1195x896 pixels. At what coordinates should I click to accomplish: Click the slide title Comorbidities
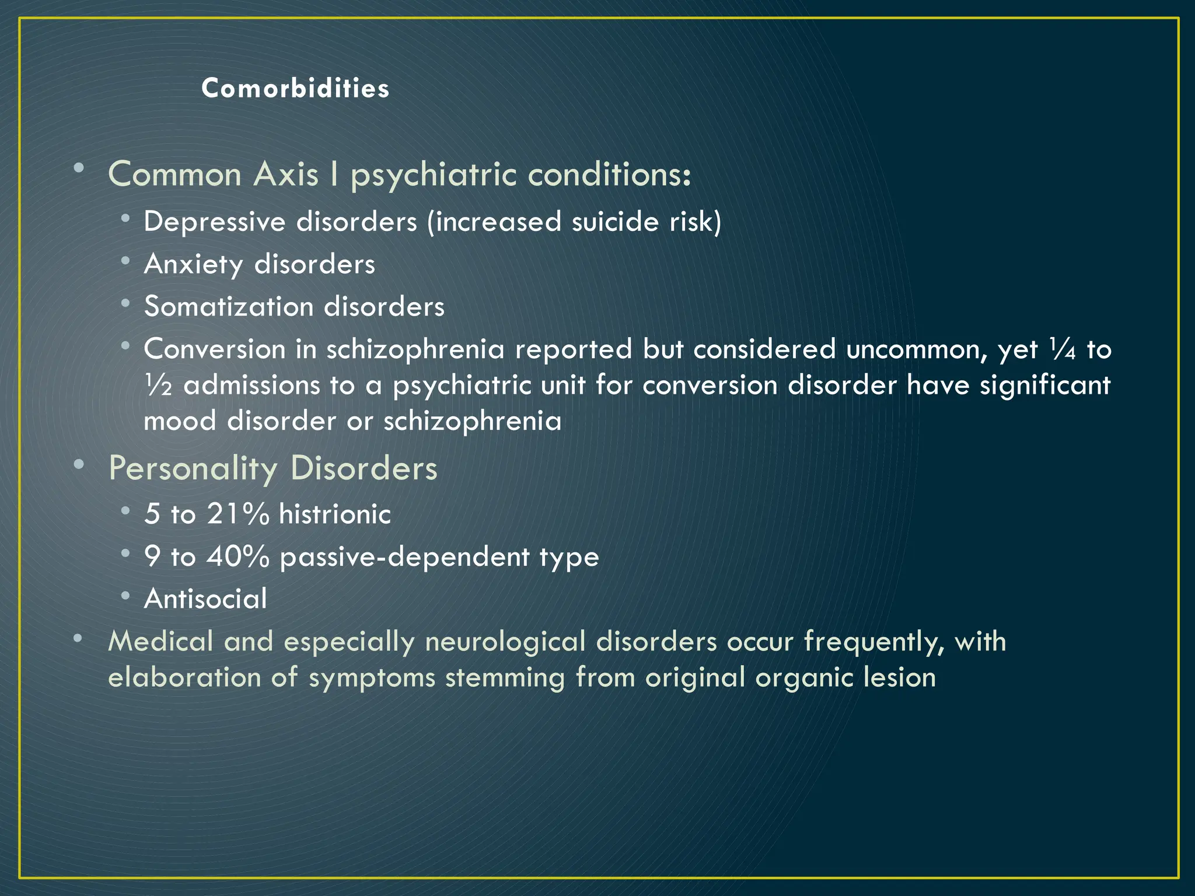click(x=295, y=89)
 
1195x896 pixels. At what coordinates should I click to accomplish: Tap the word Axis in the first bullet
click(x=285, y=174)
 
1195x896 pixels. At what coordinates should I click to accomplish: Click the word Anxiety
click(x=193, y=264)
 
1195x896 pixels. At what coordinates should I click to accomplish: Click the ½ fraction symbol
click(x=158, y=386)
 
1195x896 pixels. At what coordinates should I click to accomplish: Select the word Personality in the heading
click(x=193, y=468)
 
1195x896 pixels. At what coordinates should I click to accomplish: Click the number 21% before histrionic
click(x=238, y=514)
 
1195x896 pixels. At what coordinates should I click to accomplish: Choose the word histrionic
click(x=335, y=514)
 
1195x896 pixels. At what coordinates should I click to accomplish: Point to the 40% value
click(x=238, y=556)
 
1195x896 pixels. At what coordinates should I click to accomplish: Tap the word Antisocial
click(x=205, y=598)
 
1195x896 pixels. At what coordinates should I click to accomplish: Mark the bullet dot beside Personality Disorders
click(x=78, y=464)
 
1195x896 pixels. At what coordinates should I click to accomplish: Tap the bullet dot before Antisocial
click(x=125, y=596)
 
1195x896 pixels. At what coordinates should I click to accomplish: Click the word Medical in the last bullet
click(x=160, y=641)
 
